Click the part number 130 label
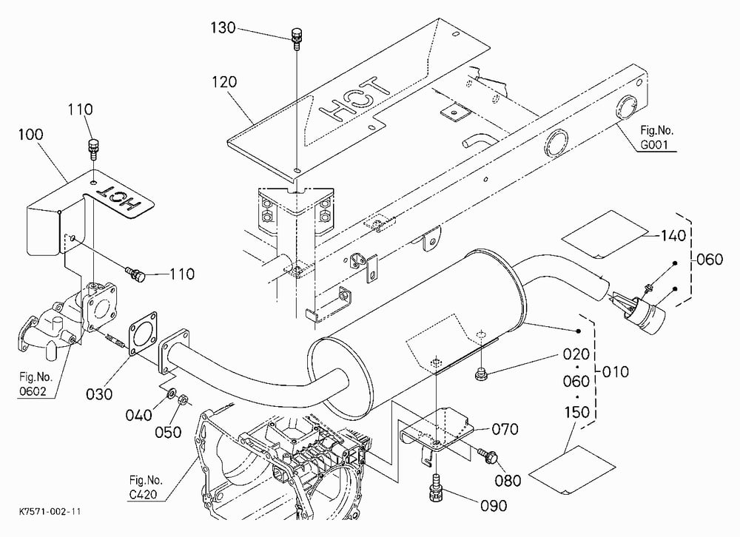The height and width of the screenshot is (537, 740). [223, 28]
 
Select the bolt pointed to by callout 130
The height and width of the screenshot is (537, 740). [297, 38]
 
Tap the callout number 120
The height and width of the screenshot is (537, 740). [224, 82]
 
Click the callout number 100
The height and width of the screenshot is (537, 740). [30, 135]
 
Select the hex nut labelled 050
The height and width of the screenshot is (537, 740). [183, 399]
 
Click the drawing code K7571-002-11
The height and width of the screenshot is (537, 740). [50, 512]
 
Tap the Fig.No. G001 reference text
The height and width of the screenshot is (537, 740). [656, 138]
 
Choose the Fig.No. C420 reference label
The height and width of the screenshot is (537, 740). [146, 487]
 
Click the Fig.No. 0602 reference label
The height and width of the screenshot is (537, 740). [36, 384]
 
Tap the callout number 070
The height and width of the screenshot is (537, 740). [505, 430]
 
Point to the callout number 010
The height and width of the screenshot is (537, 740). [616, 372]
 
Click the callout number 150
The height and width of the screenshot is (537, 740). [576, 412]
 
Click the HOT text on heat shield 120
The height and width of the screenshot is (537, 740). [355, 100]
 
